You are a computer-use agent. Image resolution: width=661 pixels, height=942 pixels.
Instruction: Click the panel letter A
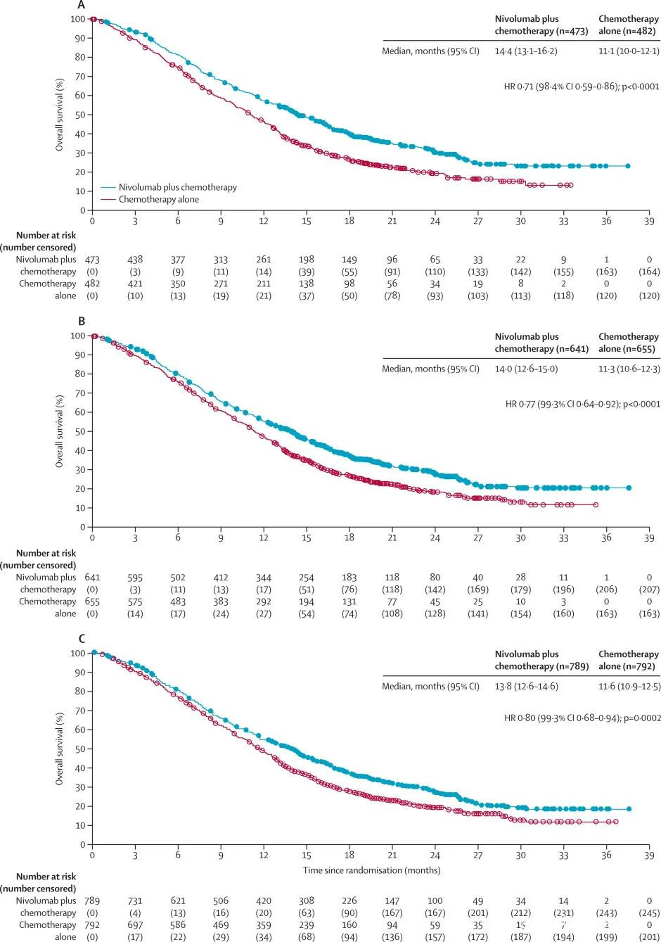[x=82, y=5]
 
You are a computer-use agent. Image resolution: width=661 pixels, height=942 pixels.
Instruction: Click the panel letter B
[x=82, y=322]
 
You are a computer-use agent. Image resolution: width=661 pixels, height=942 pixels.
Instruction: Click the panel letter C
[x=82, y=639]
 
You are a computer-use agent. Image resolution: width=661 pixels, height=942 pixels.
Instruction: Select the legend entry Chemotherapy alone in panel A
[x=158, y=199]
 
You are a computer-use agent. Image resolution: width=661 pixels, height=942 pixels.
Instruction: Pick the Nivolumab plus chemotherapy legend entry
[x=177, y=187]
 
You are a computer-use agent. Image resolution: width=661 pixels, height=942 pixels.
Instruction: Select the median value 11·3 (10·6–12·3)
[x=628, y=369]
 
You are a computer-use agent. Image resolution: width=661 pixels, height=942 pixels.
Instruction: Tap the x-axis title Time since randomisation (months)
[x=372, y=870]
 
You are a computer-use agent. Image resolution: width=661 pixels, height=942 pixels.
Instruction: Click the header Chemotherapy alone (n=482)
[x=628, y=25]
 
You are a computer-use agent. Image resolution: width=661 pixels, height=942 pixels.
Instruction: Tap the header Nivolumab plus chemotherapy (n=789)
[x=541, y=660]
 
